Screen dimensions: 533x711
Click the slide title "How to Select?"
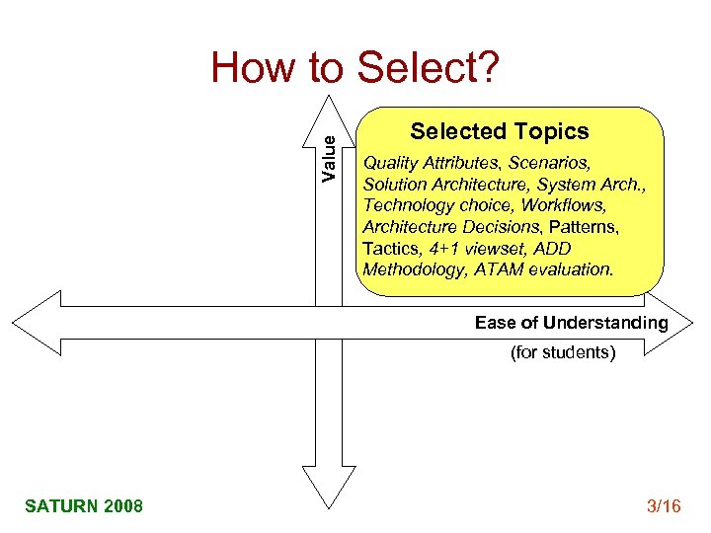point(355,68)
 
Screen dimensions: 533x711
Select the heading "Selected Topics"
point(499,131)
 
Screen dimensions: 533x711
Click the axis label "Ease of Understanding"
point(571,323)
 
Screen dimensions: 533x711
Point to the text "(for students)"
point(562,351)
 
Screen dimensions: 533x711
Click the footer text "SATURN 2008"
point(84,506)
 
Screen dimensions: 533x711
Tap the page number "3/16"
point(663,506)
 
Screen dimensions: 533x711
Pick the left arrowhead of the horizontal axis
point(35,322)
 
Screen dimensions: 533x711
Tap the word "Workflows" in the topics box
point(563,205)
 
